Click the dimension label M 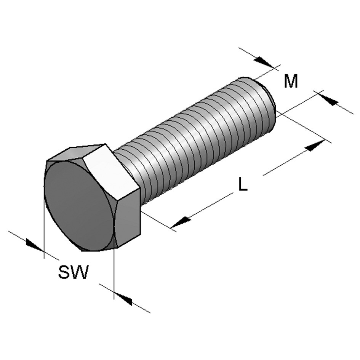pos(291,81)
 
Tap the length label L pos(243,184)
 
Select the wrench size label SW pos(73,272)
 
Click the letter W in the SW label pos(80,272)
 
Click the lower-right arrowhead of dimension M pos(329,100)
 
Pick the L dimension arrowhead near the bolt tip pos(315,146)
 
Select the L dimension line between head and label pos(210,206)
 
